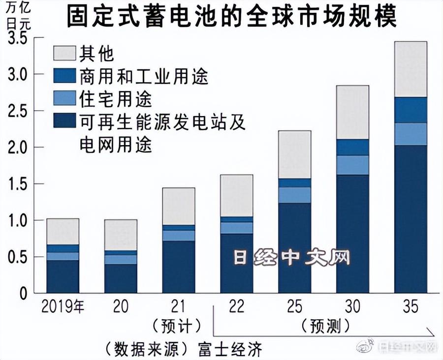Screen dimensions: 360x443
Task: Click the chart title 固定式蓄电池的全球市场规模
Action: pos(231,18)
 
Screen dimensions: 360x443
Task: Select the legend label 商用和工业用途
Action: pos(143,76)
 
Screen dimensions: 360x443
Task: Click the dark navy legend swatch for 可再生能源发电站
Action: pos(64,121)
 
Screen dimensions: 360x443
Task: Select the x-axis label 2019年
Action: pos(63,306)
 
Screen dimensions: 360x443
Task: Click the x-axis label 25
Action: pos(294,306)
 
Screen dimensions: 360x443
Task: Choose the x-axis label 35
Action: pos(410,306)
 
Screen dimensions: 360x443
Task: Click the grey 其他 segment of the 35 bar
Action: pos(410,69)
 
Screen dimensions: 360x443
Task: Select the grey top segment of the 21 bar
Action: pos(179,206)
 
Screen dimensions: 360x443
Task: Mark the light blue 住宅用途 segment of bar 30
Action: pos(352,165)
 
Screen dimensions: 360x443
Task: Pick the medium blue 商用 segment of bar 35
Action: pos(410,110)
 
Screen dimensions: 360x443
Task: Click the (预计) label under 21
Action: pos(178,326)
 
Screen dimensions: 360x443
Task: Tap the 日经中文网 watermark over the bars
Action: pos(291,258)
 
